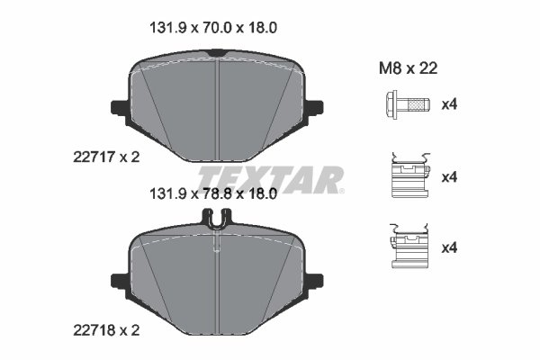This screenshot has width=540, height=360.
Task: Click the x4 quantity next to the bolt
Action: click(x=449, y=105)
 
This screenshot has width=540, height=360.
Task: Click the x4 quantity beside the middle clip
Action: click(x=449, y=176)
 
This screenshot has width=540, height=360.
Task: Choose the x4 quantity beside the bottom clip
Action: click(x=449, y=247)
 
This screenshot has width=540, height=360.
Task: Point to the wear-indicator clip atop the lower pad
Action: click(x=217, y=218)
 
